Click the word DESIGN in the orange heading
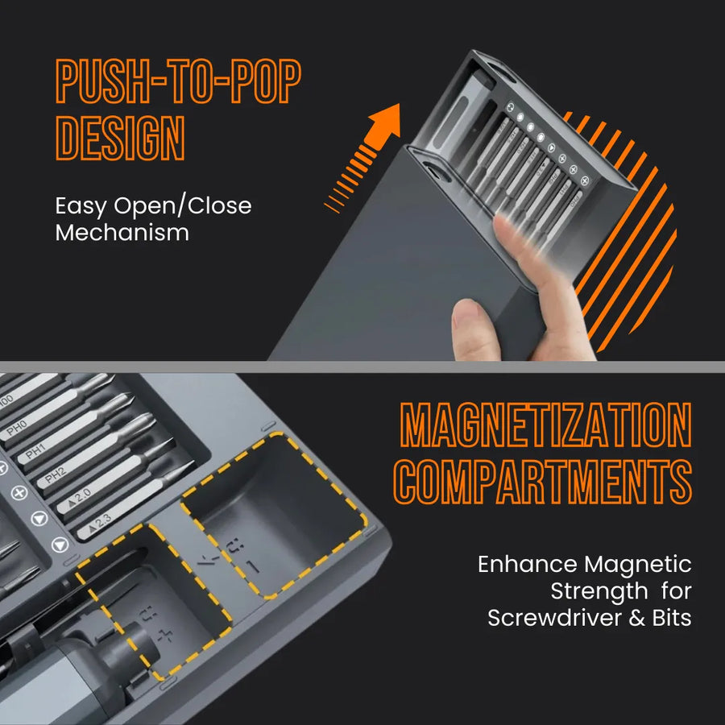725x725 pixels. [120, 139]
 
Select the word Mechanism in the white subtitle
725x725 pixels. [122, 234]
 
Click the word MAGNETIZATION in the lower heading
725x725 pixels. [546, 425]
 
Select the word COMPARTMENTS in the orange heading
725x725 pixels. [545, 482]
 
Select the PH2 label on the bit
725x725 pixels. [55, 476]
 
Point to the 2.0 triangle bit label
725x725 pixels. [78, 495]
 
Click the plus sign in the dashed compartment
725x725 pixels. [166, 635]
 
